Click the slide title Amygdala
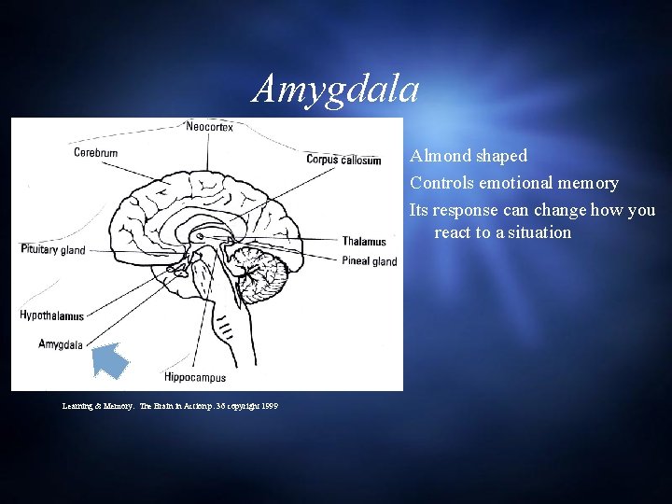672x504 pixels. point(336,90)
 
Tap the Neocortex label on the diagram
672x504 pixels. point(209,127)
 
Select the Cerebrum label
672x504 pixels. point(96,153)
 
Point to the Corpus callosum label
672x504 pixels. point(343,160)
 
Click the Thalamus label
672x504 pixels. point(364,242)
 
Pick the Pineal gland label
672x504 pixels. point(370,261)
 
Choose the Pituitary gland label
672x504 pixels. point(52,249)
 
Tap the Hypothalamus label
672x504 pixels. point(51,316)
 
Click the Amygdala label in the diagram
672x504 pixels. point(61,344)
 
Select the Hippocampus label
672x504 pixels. point(194,377)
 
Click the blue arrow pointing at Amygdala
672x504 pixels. point(111,360)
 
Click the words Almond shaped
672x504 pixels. point(469,156)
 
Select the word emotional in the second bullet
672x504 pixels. point(519,183)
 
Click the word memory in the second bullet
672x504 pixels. point(589,183)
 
